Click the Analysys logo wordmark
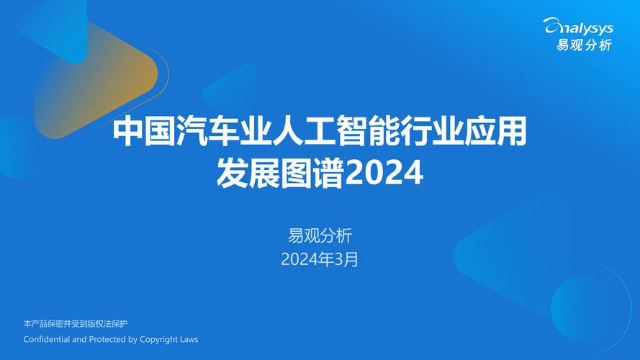(578, 27)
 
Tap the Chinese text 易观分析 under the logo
(583, 45)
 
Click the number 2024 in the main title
(384, 174)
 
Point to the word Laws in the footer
(189, 339)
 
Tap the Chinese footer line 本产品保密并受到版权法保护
(75, 324)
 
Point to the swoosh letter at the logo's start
(552, 27)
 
